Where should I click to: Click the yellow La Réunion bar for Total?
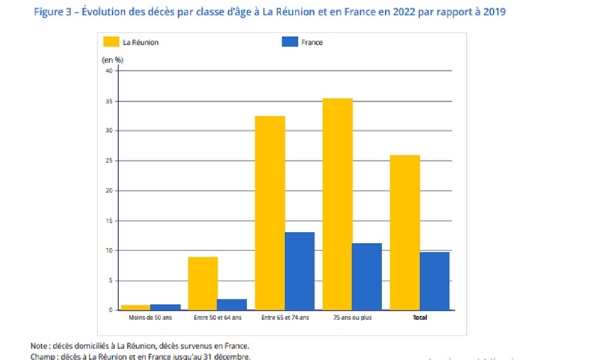(x=404, y=233)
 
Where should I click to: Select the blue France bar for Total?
(x=434, y=281)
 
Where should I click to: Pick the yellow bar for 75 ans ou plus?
(x=337, y=204)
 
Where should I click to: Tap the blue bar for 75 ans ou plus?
(x=367, y=277)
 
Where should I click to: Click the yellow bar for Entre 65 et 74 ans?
(x=269, y=213)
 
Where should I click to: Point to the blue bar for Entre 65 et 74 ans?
(x=299, y=271)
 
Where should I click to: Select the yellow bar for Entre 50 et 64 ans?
(x=203, y=284)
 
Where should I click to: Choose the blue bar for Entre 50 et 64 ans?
(x=232, y=304)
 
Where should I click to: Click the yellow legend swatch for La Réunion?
(x=111, y=42)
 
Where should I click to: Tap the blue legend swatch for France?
(x=289, y=42)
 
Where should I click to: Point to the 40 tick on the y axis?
(x=109, y=71)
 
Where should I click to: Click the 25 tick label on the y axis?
(x=109, y=161)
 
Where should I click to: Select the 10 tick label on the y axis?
(x=109, y=251)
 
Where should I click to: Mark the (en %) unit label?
(x=112, y=60)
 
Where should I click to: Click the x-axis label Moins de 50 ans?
(x=150, y=318)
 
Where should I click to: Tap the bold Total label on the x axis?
(x=420, y=318)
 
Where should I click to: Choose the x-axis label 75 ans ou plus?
(x=352, y=318)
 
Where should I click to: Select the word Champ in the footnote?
(x=42, y=356)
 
